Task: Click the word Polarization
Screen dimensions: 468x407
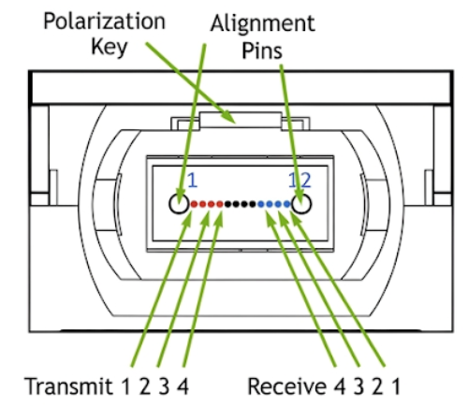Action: (x=104, y=22)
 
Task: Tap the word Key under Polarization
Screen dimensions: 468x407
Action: (x=110, y=47)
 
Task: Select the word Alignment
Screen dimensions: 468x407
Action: (x=263, y=23)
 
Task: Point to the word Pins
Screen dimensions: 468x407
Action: (x=262, y=51)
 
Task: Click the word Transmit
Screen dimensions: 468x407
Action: (x=68, y=385)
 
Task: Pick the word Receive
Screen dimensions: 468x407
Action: (x=287, y=386)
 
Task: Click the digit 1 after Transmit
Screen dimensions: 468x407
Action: (x=125, y=386)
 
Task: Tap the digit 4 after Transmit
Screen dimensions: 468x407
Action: (x=183, y=386)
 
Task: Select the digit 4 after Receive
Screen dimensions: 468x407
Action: (x=340, y=386)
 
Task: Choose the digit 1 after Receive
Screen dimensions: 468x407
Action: (x=396, y=386)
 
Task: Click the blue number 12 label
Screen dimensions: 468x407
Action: (x=300, y=181)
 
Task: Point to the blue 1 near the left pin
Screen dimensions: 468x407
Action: (x=192, y=181)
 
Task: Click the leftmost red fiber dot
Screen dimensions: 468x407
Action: (x=194, y=204)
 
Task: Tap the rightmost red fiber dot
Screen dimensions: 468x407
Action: (x=220, y=204)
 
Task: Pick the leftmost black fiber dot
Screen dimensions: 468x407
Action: (x=228, y=204)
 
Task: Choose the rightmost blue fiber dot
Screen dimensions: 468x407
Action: (x=286, y=204)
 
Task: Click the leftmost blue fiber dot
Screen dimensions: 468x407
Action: (x=261, y=204)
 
